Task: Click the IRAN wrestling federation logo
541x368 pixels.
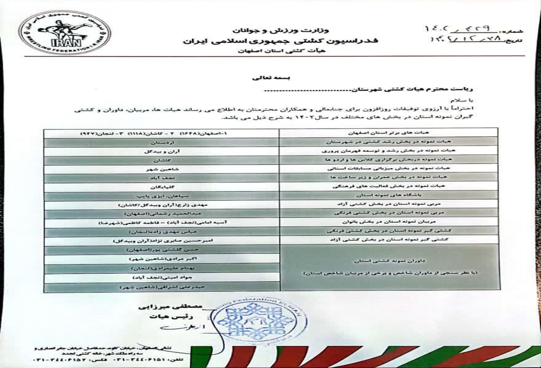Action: pyautogui.click(x=65, y=33)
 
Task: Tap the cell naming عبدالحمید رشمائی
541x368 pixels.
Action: pyautogui.click(x=161, y=213)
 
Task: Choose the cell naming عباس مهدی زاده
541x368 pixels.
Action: pyautogui.click(x=161, y=232)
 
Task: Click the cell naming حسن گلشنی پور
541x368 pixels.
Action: pyautogui.click(x=161, y=250)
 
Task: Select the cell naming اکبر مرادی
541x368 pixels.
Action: pyautogui.click(x=161, y=259)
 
